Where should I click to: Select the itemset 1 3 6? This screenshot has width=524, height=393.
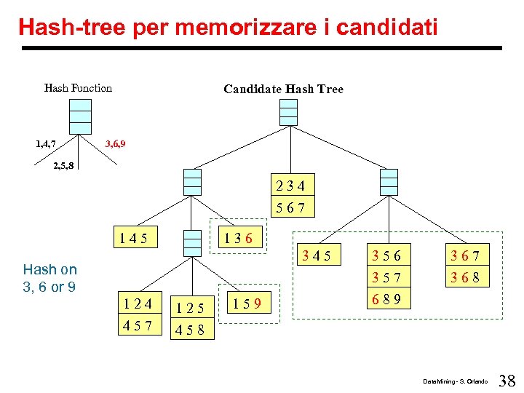[239, 237]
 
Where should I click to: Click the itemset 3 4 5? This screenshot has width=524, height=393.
[317, 255]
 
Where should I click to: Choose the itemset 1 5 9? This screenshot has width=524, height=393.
[247, 300]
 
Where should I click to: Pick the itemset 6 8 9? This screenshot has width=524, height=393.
[386, 298]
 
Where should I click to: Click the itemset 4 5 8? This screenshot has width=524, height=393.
[192, 330]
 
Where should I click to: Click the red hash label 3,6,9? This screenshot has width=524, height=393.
[115, 143]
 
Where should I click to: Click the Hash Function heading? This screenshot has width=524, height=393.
[78, 88]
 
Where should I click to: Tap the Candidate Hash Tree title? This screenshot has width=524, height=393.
[283, 89]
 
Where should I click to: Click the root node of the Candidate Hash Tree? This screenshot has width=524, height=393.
[289, 112]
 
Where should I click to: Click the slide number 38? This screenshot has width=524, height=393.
[507, 380]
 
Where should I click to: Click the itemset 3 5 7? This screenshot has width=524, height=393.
[386, 277]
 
